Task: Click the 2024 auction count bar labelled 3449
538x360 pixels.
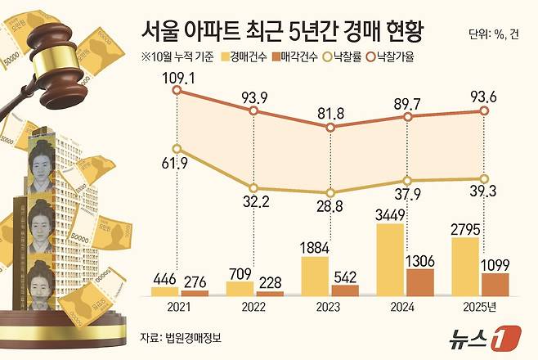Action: [390, 259]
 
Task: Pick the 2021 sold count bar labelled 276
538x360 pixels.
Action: [195, 292]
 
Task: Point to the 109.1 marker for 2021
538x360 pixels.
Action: [177, 91]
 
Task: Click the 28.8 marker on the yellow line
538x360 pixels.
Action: [330, 192]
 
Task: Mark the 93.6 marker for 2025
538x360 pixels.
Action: [484, 113]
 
